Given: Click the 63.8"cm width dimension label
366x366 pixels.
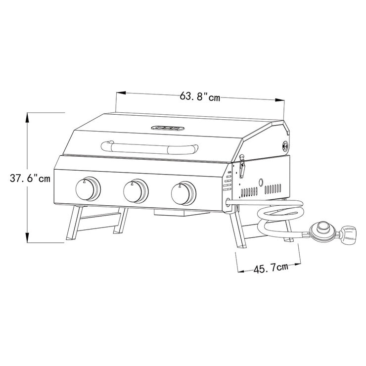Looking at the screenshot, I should (x=199, y=96).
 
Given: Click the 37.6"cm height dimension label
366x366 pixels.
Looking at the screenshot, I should (x=30, y=179).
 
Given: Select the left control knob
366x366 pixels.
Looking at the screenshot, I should (x=88, y=188).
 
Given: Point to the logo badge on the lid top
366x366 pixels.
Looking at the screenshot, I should (x=168, y=127).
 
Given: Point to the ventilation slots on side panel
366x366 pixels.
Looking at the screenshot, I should (x=260, y=190).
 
